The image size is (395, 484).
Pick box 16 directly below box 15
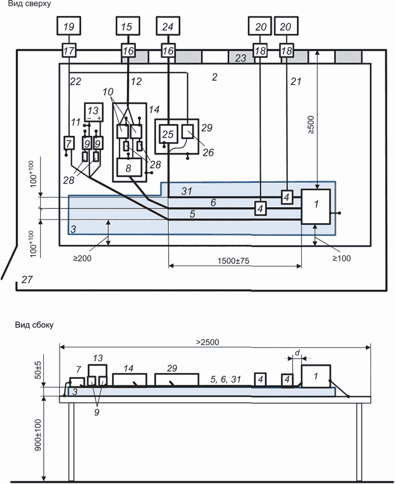point(128,51)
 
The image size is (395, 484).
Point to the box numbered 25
point(167,133)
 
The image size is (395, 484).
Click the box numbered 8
point(128,168)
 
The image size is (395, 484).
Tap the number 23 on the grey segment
point(241,58)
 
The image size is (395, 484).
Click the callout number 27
point(27,280)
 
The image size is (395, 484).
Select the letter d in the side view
point(297,352)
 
